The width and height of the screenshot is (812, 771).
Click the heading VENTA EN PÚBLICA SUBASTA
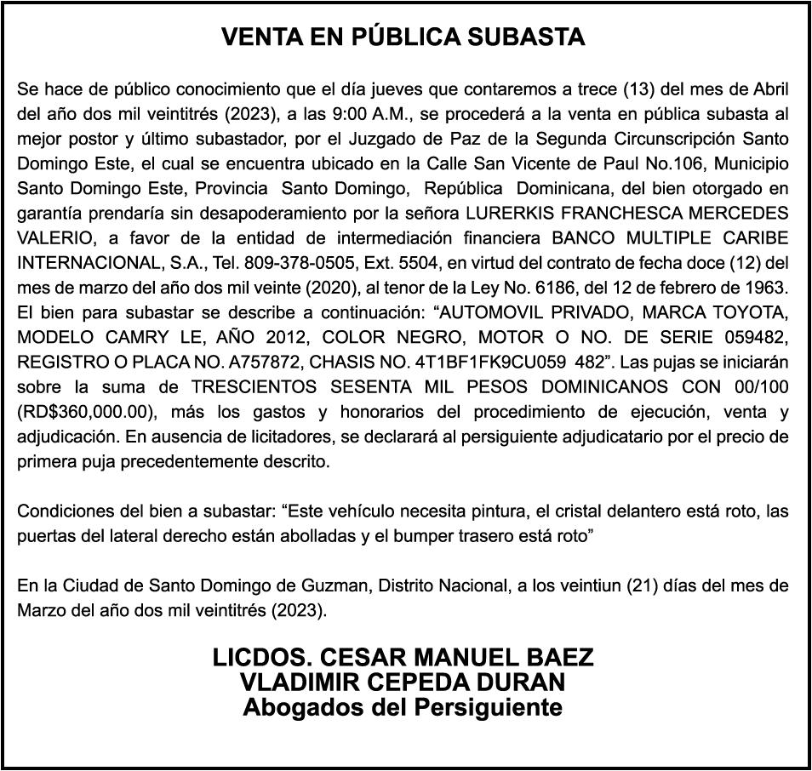pyautogui.click(x=403, y=37)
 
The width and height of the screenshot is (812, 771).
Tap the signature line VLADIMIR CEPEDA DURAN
pyautogui.click(x=403, y=682)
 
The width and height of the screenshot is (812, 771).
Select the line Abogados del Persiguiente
pyautogui.click(x=403, y=707)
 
